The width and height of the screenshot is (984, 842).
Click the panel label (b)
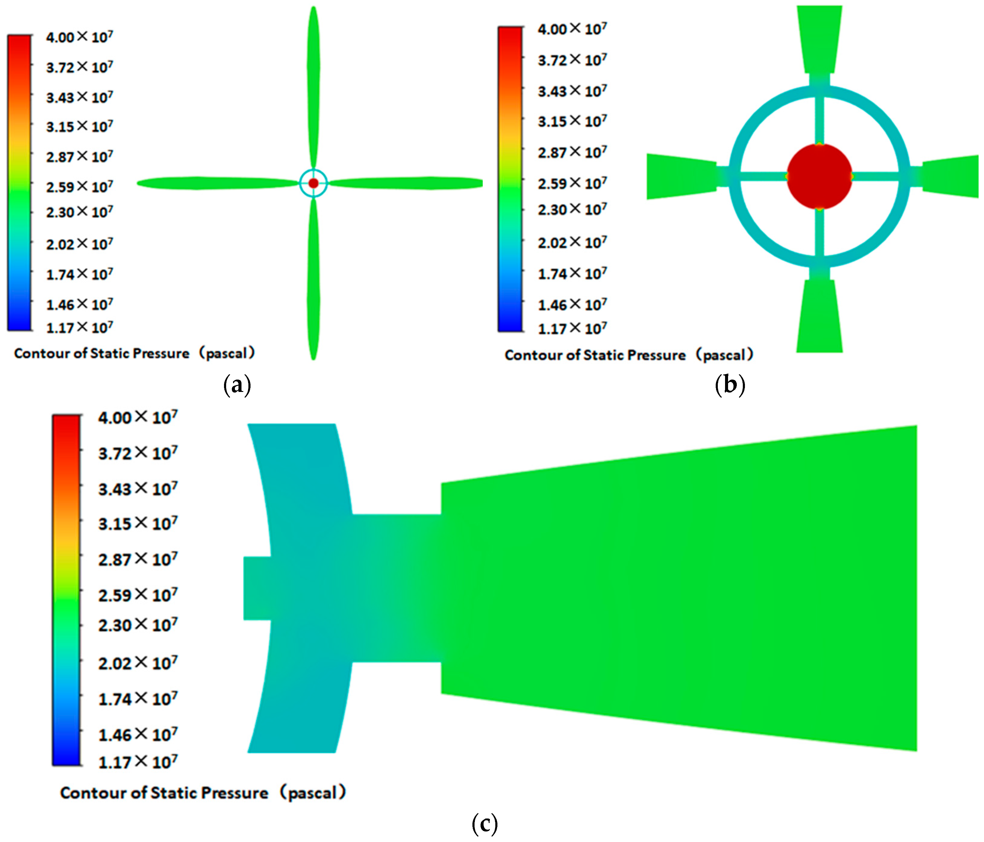(x=730, y=384)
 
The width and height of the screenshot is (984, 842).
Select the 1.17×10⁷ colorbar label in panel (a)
(x=79, y=327)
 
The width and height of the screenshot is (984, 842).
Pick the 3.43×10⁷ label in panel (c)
(x=138, y=488)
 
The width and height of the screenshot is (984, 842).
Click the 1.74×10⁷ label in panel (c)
(x=138, y=699)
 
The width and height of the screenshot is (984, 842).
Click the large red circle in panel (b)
(x=819, y=176)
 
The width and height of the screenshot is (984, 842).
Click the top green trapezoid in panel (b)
(x=820, y=40)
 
